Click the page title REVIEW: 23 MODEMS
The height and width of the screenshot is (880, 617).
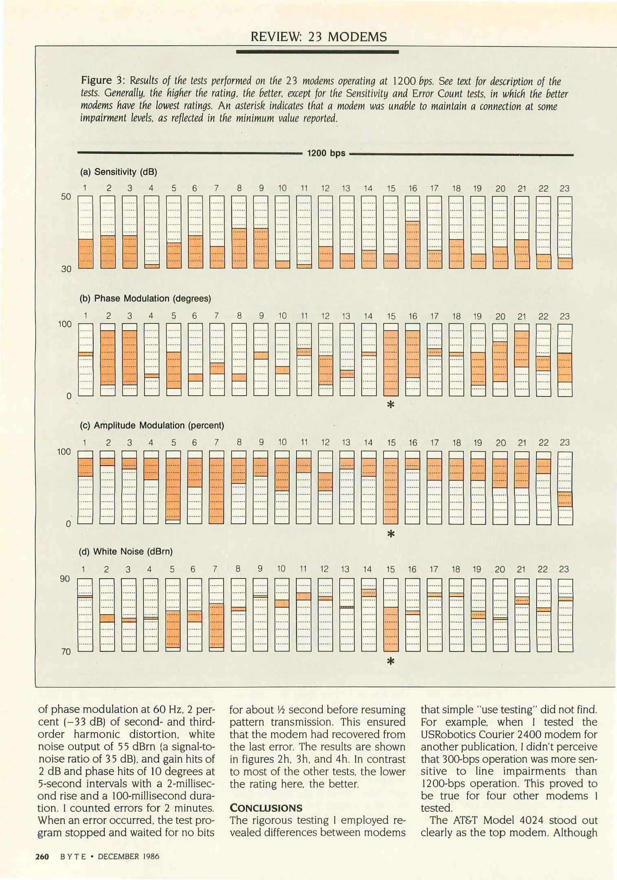pyautogui.click(x=318, y=37)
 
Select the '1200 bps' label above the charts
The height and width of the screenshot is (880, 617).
pyautogui.click(x=326, y=153)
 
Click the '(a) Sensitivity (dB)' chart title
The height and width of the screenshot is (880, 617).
pyautogui.click(x=118, y=172)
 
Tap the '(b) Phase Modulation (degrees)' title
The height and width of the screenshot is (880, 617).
pyautogui.click(x=145, y=298)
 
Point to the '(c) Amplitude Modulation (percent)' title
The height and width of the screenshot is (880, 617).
pyautogui.click(x=152, y=425)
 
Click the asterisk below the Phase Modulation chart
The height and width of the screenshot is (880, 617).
pyautogui.click(x=390, y=405)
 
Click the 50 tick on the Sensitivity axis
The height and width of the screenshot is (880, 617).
pyautogui.click(x=66, y=196)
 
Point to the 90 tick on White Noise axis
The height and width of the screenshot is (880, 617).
pyautogui.click(x=65, y=579)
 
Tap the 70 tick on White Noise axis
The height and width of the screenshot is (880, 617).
pyautogui.click(x=66, y=651)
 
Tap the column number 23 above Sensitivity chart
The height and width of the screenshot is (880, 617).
pyautogui.click(x=564, y=188)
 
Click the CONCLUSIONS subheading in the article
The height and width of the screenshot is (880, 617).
pyautogui.click(x=266, y=808)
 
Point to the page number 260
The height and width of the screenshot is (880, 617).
pyautogui.click(x=42, y=856)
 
